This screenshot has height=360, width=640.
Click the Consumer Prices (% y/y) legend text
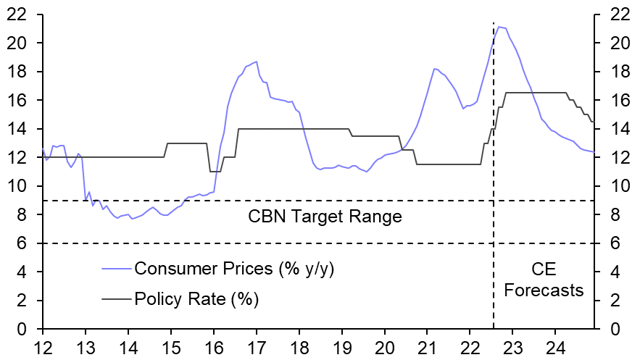point(234,269)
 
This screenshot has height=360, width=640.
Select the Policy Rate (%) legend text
point(196,298)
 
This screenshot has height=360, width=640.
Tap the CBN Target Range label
point(325,216)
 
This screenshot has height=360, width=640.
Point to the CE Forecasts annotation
point(544,280)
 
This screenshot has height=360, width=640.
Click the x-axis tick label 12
point(43,346)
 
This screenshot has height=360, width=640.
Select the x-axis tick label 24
point(555,346)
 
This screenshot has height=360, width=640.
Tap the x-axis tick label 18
point(299,346)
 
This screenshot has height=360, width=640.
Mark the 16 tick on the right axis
point(615,100)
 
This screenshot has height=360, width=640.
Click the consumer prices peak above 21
point(499,27)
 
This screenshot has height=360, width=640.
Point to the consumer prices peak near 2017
point(257,62)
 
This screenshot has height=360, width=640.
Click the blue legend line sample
point(116,269)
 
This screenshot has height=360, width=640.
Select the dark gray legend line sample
point(116,298)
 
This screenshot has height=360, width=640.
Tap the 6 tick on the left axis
point(26,243)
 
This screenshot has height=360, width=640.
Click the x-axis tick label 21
point(427,346)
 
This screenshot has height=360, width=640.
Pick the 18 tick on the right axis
point(615,72)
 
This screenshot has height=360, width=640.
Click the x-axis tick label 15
point(171,346)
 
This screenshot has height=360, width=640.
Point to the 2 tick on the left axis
point(26,301)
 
